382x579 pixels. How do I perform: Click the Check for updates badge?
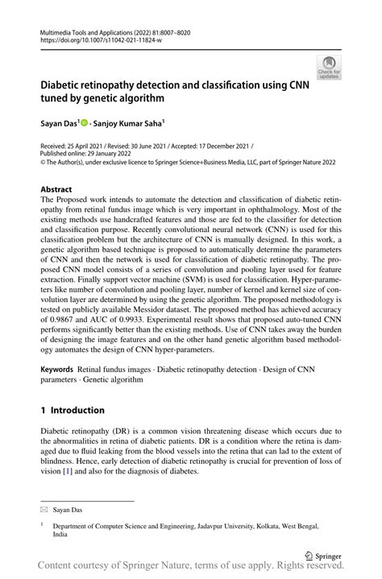click(x=328, y=67)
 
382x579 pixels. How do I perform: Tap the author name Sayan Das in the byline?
click(x=59, y=124)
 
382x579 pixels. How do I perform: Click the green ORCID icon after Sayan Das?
click(x=83, y=123)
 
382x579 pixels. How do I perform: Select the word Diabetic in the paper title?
click(x=66, y=84)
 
